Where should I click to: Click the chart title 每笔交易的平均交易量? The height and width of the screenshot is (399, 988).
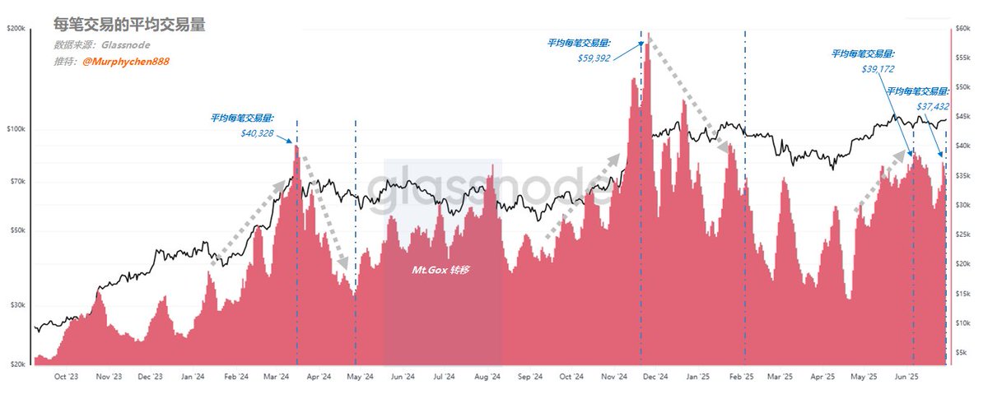129,24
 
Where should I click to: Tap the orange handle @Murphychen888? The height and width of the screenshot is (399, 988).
126,61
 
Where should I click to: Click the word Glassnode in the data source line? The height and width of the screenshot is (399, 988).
126,45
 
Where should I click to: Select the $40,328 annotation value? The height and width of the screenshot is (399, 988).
257,133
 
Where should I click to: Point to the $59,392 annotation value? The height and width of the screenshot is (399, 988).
594,58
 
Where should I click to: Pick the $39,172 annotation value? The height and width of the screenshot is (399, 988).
878,69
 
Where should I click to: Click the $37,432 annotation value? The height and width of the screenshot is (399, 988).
933,107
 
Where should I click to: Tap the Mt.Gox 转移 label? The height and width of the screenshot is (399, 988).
440,270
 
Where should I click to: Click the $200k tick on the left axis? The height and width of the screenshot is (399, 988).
16,29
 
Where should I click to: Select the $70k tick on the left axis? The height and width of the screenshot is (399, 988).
17,182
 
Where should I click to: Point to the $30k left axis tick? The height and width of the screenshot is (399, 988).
17,305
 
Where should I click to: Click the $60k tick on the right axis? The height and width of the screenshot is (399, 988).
962,29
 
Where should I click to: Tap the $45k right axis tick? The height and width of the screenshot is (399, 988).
962,116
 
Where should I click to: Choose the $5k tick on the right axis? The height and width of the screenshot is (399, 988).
961,352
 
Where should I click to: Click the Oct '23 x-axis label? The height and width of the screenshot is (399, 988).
66,377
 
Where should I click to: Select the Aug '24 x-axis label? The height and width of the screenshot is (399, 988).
487,377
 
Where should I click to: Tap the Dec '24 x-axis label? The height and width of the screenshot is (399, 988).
655,377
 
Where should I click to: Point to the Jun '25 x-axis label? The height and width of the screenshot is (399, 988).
906,377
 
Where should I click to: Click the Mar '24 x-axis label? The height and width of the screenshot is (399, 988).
276,377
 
